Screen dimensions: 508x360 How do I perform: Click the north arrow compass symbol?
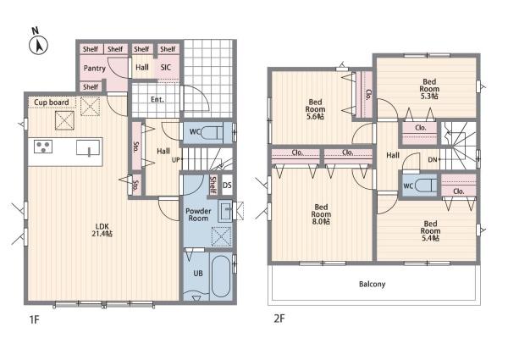[39, 45]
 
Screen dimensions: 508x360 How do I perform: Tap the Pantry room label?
[95, 68]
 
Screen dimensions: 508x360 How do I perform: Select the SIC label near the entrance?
[166, 68]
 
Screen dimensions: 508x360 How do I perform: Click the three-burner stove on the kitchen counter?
[43, 147]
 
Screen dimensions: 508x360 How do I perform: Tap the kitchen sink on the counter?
[88, 147]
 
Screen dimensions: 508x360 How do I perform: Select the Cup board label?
[52, 102]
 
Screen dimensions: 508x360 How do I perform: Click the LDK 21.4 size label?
[102, 230]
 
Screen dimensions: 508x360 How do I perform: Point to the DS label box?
[228, 185]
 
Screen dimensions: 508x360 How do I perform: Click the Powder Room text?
[198, 214]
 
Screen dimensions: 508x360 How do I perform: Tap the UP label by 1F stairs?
[175, 160]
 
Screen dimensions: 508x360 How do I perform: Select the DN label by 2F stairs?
[433, 159]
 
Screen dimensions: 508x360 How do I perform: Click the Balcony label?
[373, 284]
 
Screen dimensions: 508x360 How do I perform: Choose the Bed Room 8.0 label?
[321, 214]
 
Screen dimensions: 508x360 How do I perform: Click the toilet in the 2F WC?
[426, 186]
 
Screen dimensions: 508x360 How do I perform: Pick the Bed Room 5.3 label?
[429, 89]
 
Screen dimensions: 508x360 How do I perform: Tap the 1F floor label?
[34, 320]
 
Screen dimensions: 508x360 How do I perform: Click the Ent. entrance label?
[157, 99]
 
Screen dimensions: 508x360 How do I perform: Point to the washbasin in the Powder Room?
[225, 211]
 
